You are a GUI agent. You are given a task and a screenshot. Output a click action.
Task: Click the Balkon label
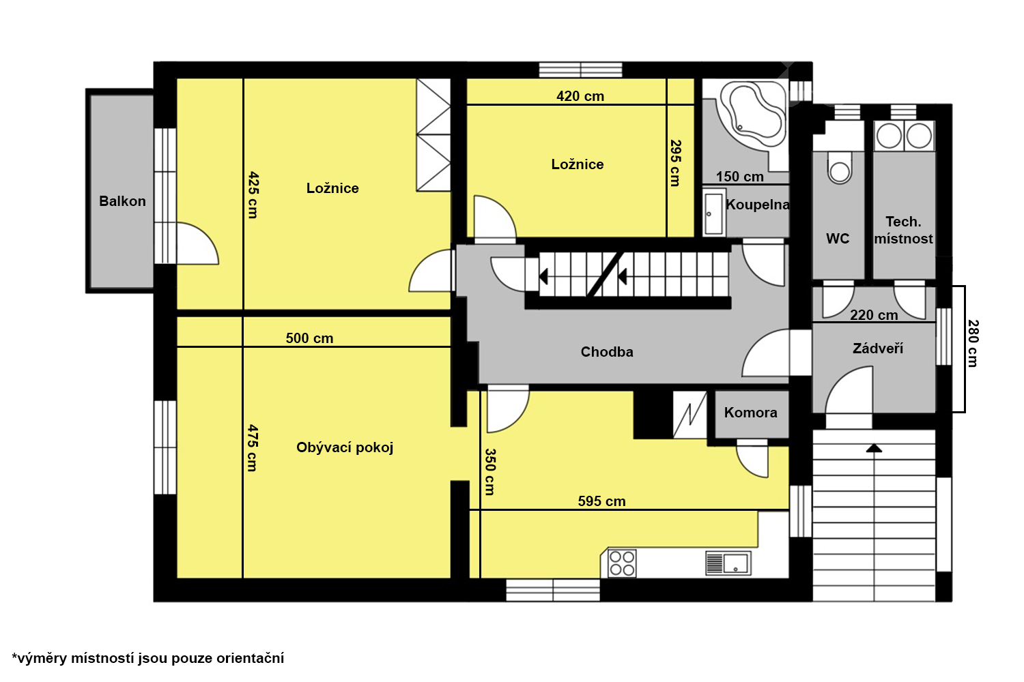[x=122, y=201]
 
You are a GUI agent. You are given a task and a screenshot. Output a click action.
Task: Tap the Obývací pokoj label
[x=345, y=447]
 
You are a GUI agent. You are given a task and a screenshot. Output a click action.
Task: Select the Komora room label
[x=751, y=413]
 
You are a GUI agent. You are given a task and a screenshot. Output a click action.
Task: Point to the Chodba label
[x=607, y=352]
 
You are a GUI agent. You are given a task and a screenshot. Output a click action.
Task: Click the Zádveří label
[x=878, y=349]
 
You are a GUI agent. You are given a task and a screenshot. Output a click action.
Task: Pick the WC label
[x=838, y=239]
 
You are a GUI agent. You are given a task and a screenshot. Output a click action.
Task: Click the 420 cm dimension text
[x=580, y=96]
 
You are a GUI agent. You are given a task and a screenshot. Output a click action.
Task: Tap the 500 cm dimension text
[x=309, y=338]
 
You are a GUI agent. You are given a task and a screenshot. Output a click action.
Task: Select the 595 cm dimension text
[x=601, y=501]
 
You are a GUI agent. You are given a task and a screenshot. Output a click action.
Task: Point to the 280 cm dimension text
[x=973, y=344]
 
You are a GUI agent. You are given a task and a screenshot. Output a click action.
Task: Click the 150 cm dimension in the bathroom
[x=739, y=177]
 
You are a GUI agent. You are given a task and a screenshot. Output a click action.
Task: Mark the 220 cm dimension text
[x=874, y=314]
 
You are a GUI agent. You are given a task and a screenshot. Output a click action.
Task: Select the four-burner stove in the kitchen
[x=622, y=563]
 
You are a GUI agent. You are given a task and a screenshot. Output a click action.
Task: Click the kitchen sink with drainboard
[x=728, y=563]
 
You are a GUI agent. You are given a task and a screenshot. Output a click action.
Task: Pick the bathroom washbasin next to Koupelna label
[x=713, y=213]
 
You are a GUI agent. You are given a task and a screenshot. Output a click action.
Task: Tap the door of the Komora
[x=752, y=458]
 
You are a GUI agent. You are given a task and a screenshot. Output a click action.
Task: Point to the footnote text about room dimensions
[x=147, y=658]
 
